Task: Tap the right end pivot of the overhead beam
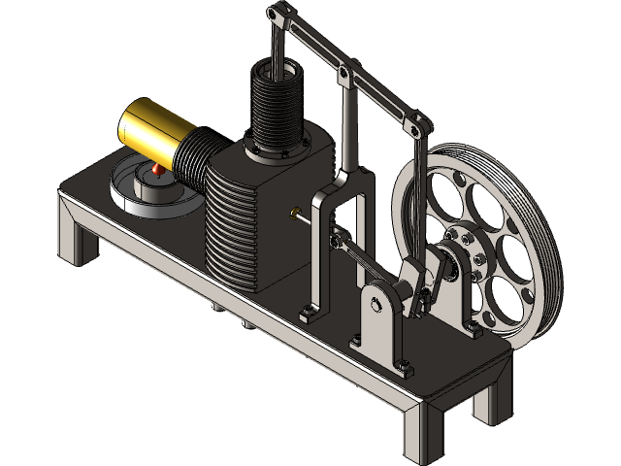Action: (425, 127)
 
